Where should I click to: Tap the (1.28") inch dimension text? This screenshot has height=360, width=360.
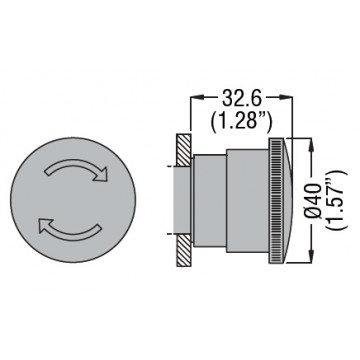[x=242, y=121]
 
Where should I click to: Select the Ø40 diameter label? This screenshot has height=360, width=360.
[x=314, y=201]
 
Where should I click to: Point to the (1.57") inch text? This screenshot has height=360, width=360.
[x=337, y=201]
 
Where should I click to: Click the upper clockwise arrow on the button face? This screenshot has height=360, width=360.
[x=75, y=163]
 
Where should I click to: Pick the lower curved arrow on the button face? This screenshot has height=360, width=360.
[x=71, y=232]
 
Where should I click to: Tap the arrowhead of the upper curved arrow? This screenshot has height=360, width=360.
[x=101, y=174]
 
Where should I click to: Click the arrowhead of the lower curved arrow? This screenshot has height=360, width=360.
[x=45, y=225]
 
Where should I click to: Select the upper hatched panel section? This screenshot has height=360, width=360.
[x=184, y=150]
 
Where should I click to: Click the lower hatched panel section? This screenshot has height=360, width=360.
[x=184, y=250]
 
